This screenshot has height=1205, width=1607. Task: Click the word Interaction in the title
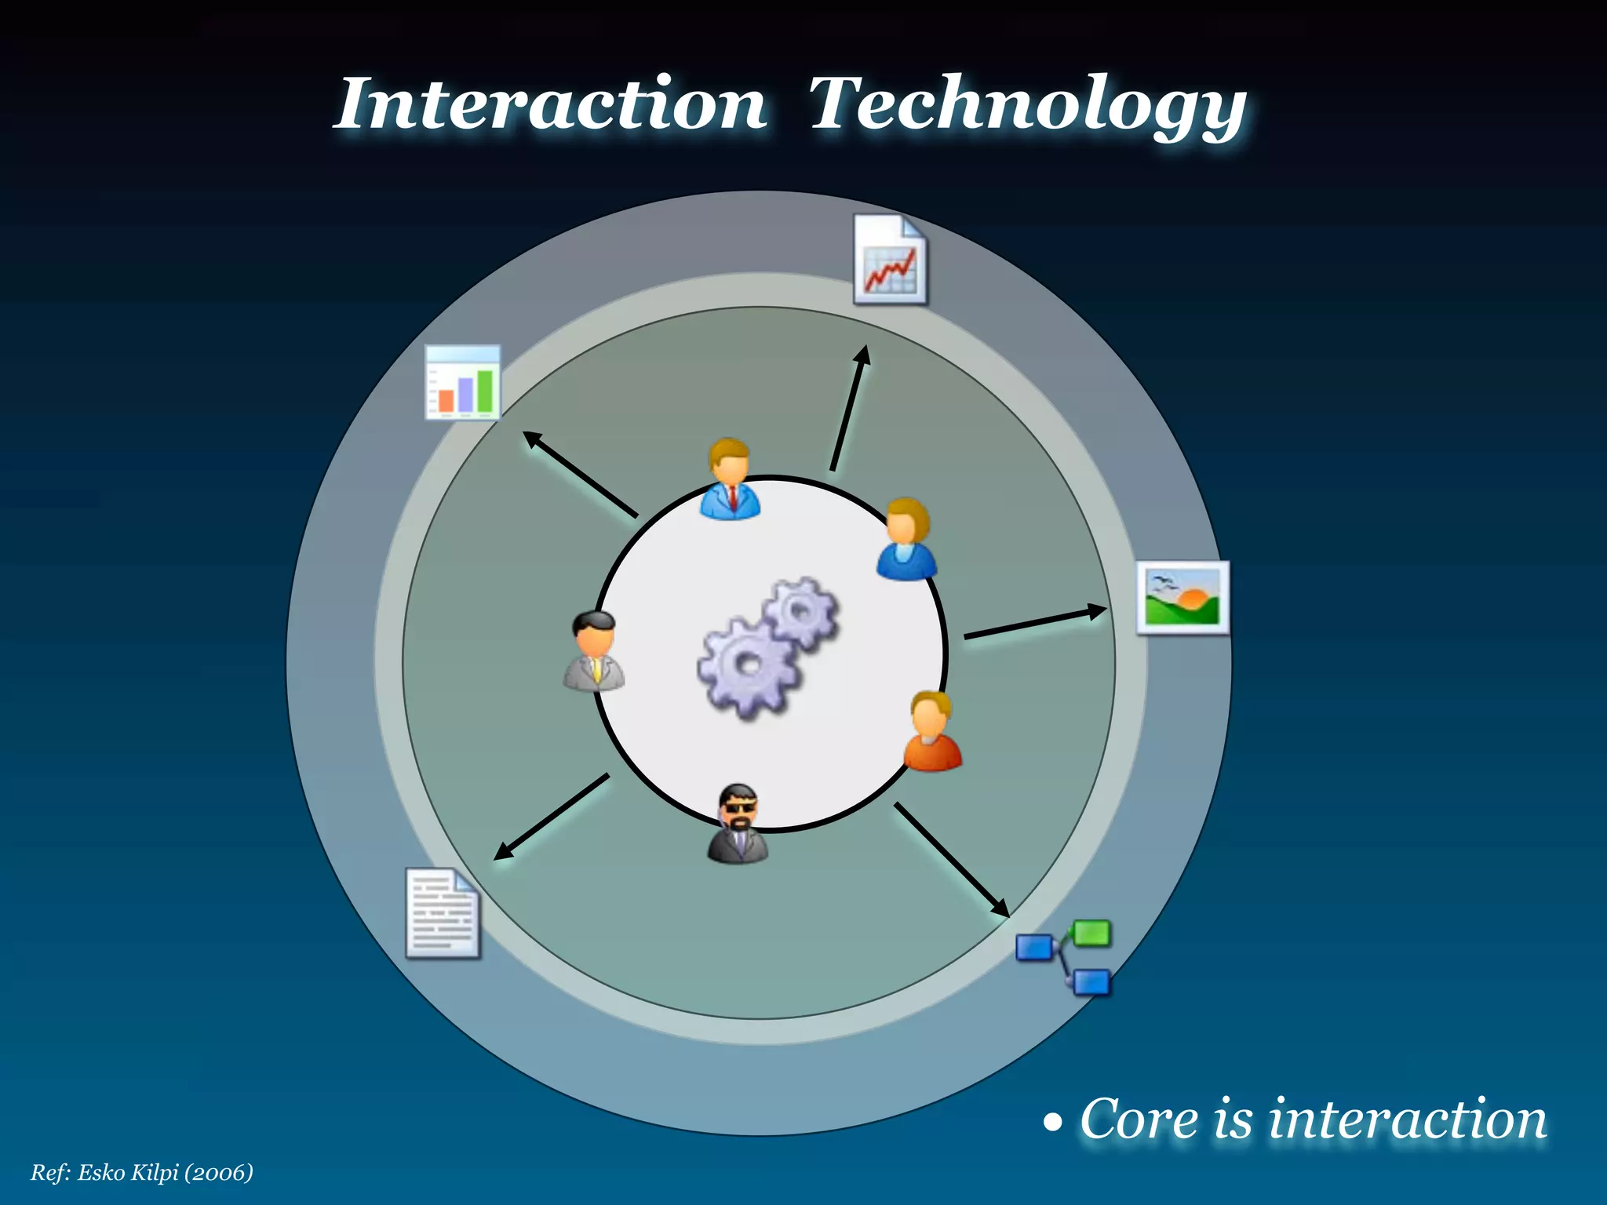point(550,104)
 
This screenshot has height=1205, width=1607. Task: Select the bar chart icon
point(462,383)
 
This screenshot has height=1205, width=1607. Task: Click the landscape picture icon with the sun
point(1182,598)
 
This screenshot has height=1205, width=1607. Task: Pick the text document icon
point(443,913)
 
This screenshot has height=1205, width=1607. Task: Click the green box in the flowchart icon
point(1091,934)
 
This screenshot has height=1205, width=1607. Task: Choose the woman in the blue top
point(906,540)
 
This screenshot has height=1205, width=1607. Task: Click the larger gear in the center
point(747,667)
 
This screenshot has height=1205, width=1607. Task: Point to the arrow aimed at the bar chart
point(580,475)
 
